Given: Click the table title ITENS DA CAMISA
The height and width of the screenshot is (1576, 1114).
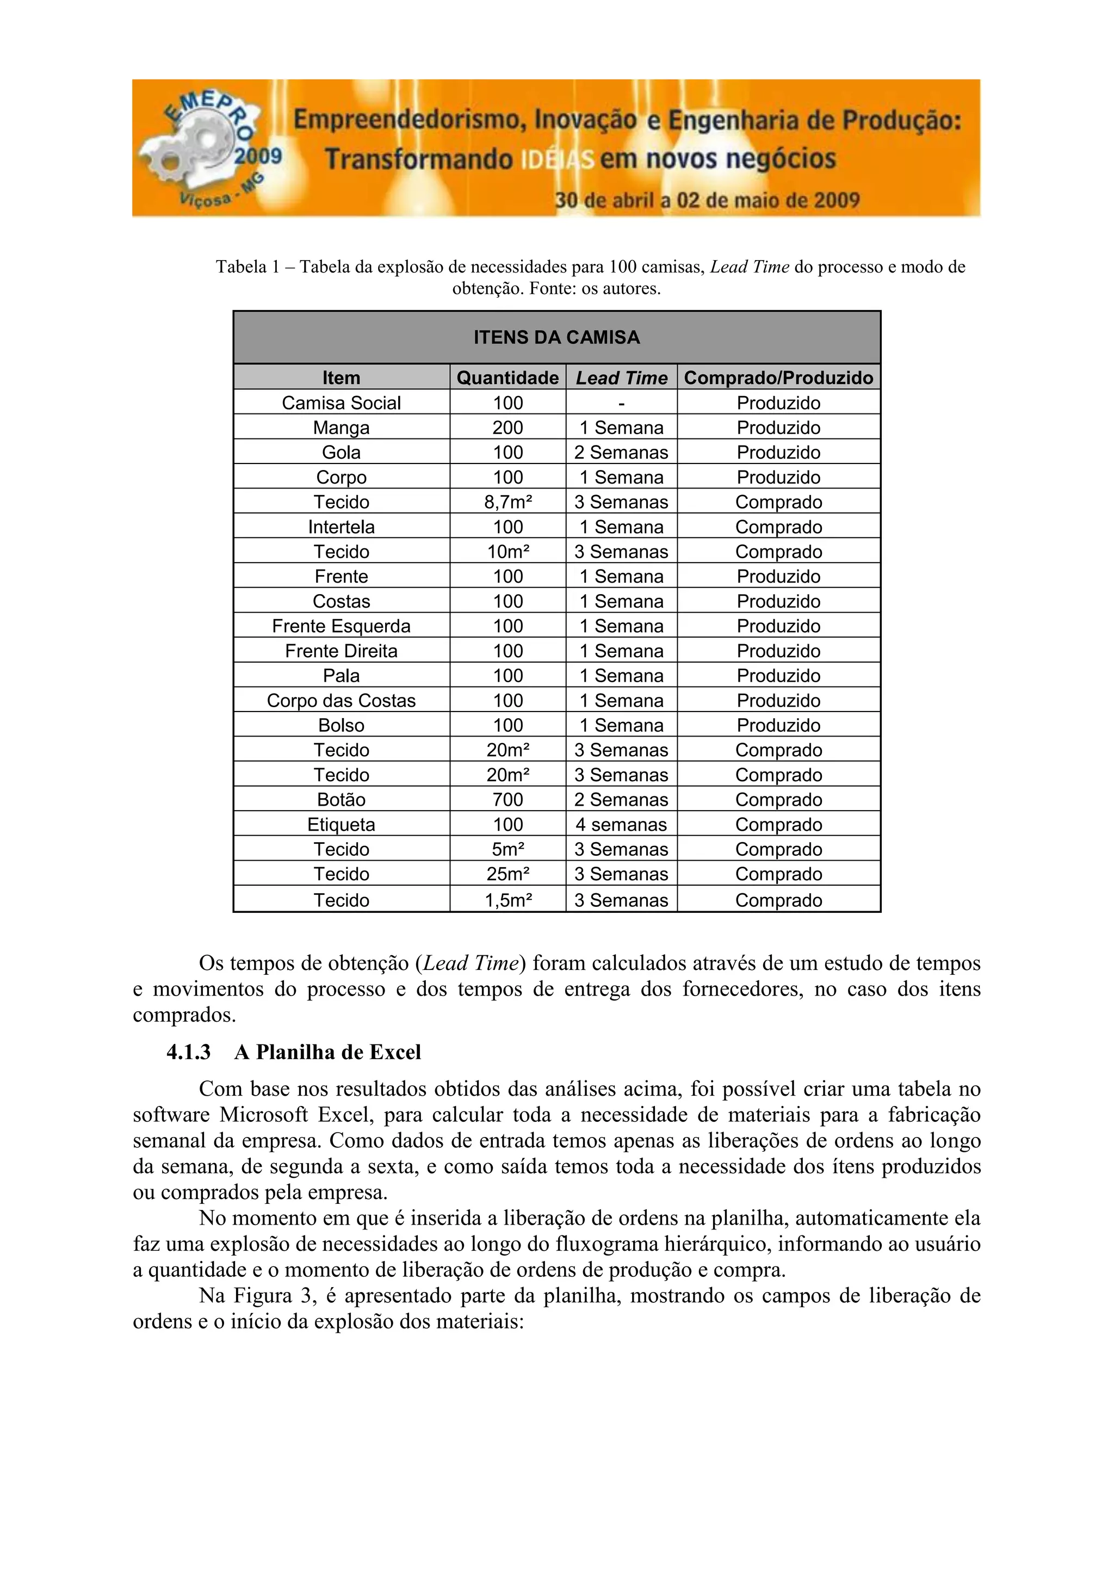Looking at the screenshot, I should (x=556, y=337).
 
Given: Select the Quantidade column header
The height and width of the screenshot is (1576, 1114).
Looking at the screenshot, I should (x=508, y=378).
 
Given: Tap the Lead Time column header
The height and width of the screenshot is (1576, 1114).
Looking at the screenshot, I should (x=621, y=378).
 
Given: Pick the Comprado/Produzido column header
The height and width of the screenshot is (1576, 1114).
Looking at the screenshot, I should (x=778, y=378).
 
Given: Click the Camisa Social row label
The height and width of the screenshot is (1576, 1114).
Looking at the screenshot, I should (x=341, y=403).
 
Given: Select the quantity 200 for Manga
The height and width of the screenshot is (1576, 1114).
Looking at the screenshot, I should (x=508, y=428).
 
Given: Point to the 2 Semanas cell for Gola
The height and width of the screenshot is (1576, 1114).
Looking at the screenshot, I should (x=621, y=452).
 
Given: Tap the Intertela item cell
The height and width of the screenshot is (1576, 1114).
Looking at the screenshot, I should (x=341, y=527).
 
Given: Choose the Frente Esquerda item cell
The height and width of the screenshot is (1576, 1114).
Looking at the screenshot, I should (x=341, y=626).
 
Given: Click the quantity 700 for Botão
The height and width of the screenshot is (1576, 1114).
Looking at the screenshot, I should (x=508, y=800).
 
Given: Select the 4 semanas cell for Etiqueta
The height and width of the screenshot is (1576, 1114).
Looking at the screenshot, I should (x=621, y=824).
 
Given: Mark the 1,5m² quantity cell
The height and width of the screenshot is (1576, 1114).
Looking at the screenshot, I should (x=508, y=900).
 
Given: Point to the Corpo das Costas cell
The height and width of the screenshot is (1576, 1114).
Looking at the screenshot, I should (x=341, y=701).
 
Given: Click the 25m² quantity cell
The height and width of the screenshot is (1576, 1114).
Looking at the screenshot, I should (x=508, y=874).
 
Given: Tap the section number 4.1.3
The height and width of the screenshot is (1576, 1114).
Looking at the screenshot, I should (x=188, y=1052).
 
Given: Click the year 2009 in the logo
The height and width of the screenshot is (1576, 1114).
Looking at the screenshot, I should (x=258, y=156).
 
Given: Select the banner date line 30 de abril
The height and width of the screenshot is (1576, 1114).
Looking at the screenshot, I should (x=707, y=200).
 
